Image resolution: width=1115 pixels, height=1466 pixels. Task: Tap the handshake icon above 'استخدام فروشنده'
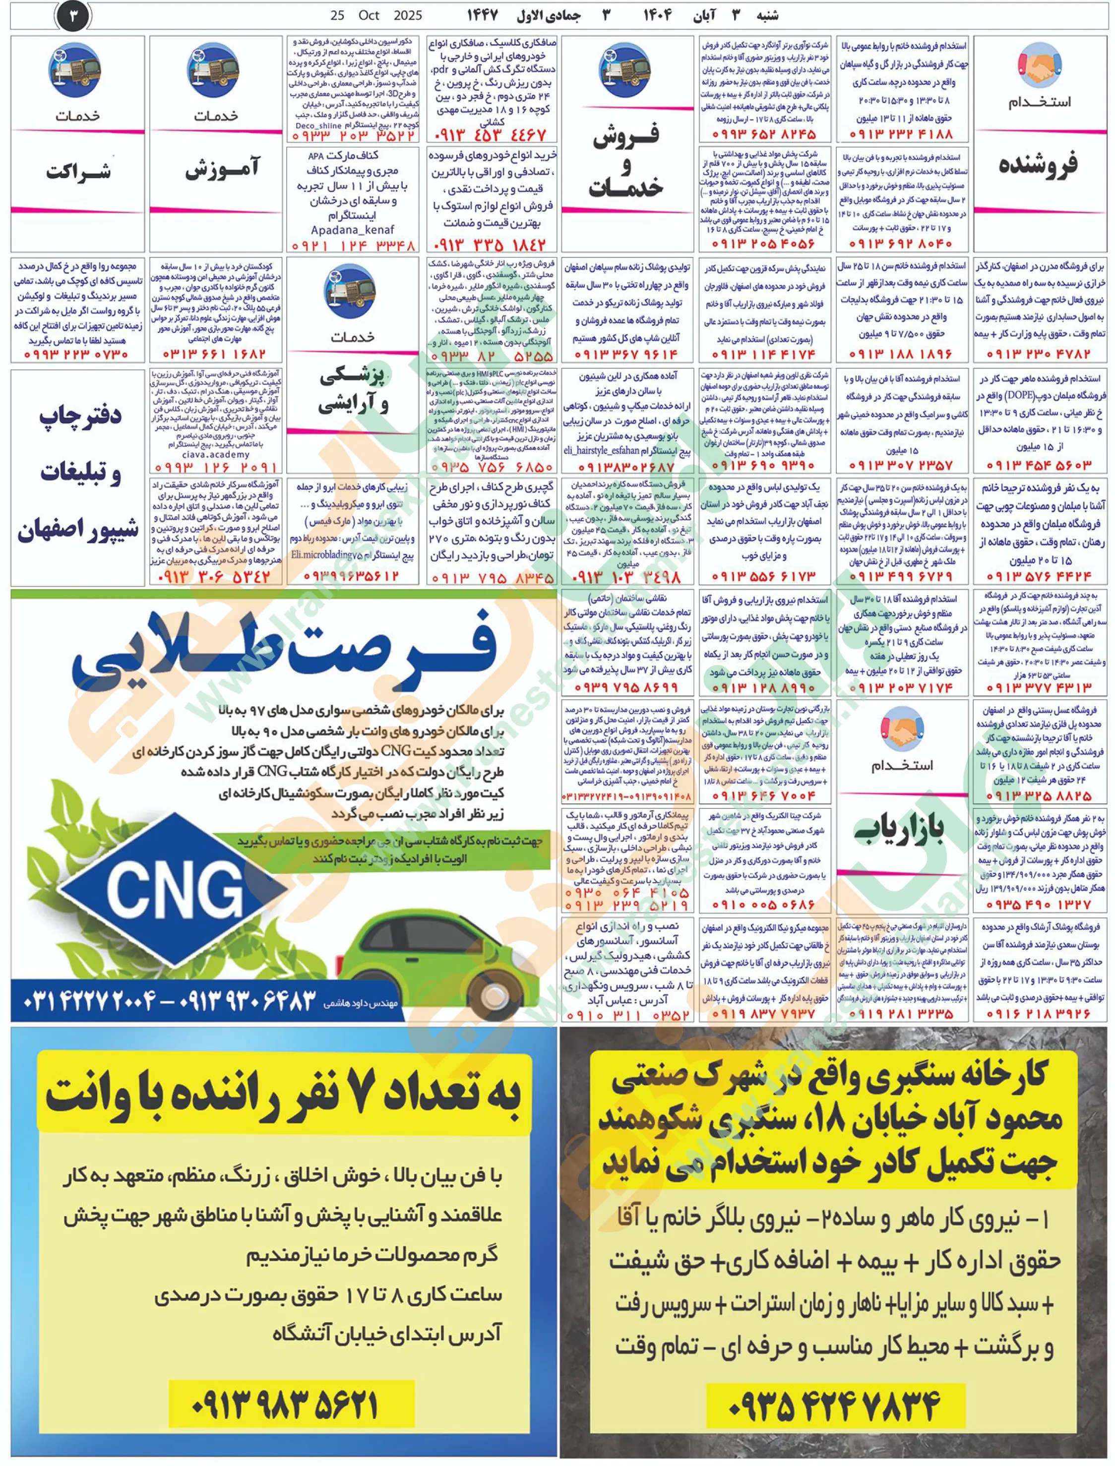[1039, 65]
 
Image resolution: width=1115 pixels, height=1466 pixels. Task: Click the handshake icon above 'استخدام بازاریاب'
[902, 729]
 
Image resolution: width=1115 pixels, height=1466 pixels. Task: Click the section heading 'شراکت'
[78, 171]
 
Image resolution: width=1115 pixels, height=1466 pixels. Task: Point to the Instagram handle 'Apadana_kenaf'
[353, 230]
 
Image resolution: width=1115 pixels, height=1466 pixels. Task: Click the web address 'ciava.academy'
[216, 455]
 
